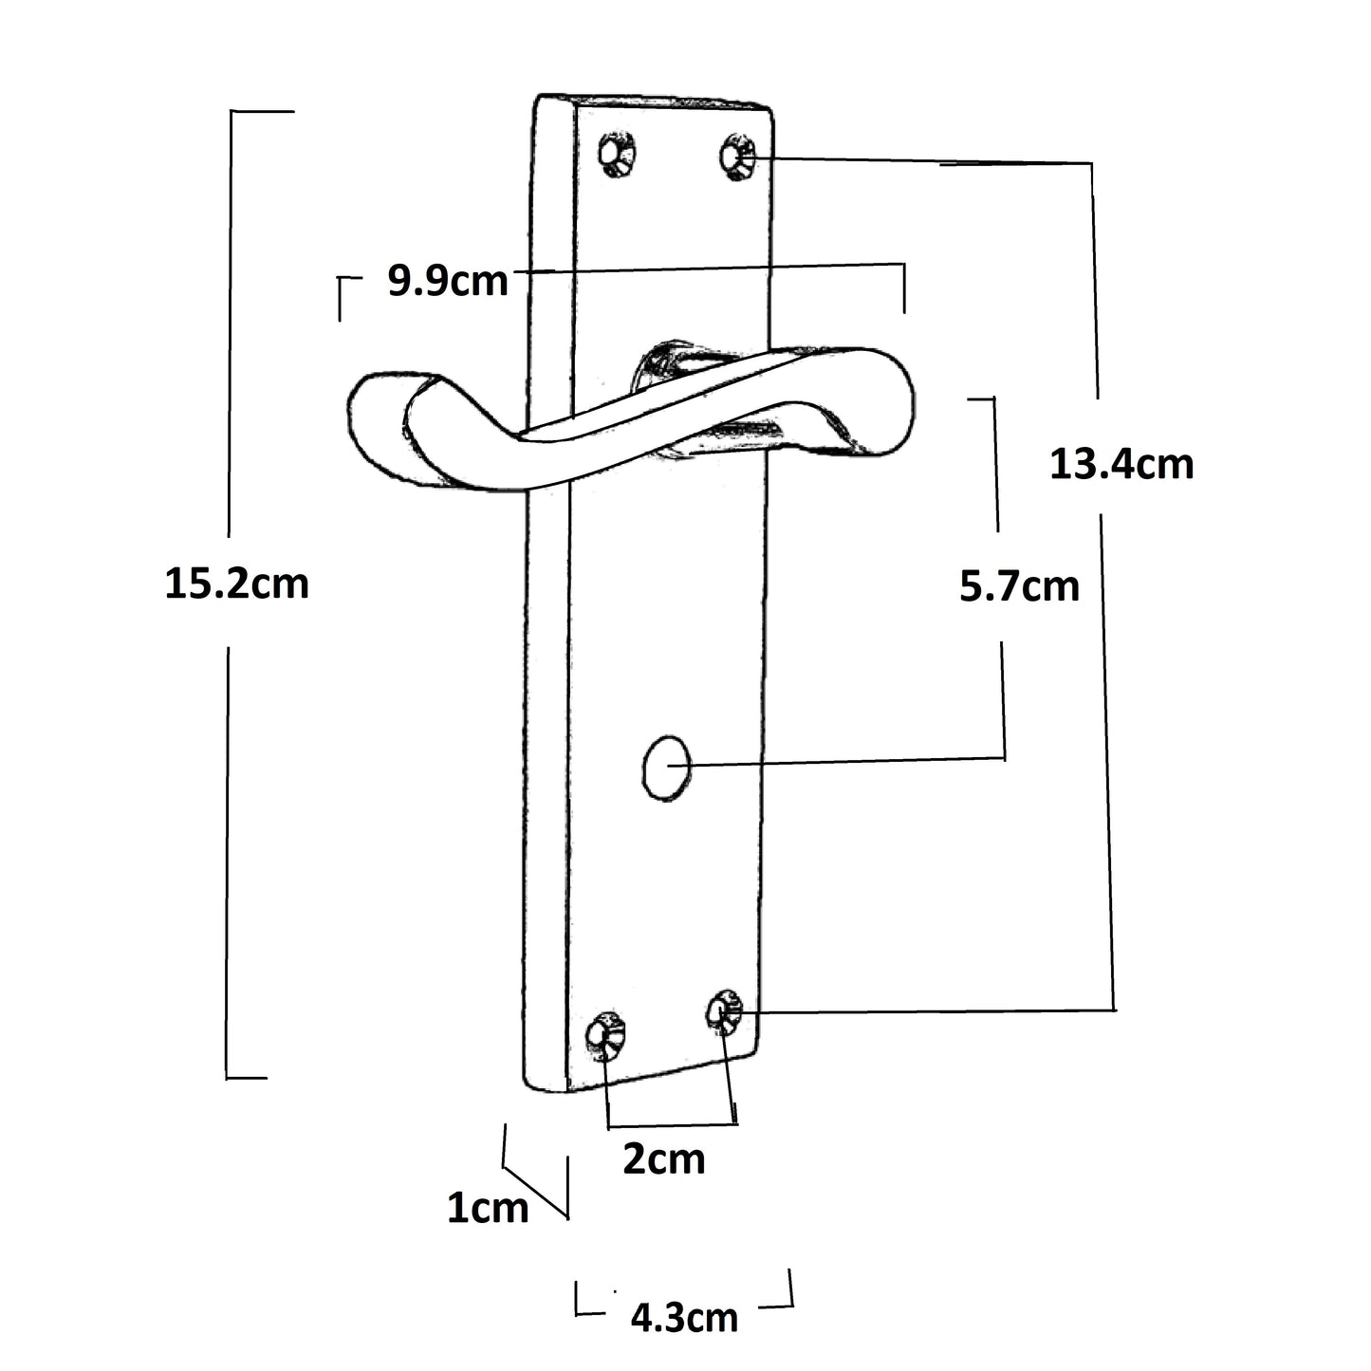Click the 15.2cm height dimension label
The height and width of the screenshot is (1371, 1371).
coord(237,583)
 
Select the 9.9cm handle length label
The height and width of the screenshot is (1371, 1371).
coord(448,281)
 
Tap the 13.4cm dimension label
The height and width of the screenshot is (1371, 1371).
coord(1121,465)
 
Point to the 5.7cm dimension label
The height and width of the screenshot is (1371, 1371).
coord(1019,586)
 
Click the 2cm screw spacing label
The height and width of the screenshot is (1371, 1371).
coord(663,1159)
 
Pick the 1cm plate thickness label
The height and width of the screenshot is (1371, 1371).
coord(488,1209)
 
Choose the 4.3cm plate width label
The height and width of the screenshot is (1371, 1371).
coord(684,1318)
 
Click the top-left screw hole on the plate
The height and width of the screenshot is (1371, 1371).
coord(617,153)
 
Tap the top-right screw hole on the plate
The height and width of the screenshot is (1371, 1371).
coord(736,156)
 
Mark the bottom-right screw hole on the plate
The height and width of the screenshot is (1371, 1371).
coord(726,1012)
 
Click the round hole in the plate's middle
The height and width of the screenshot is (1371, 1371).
coord(666,767)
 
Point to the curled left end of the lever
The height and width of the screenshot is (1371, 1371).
coord(380,427)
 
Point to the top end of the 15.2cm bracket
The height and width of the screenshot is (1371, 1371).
coord(261,112)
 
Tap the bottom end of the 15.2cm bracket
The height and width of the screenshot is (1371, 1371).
coord(247,1078)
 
